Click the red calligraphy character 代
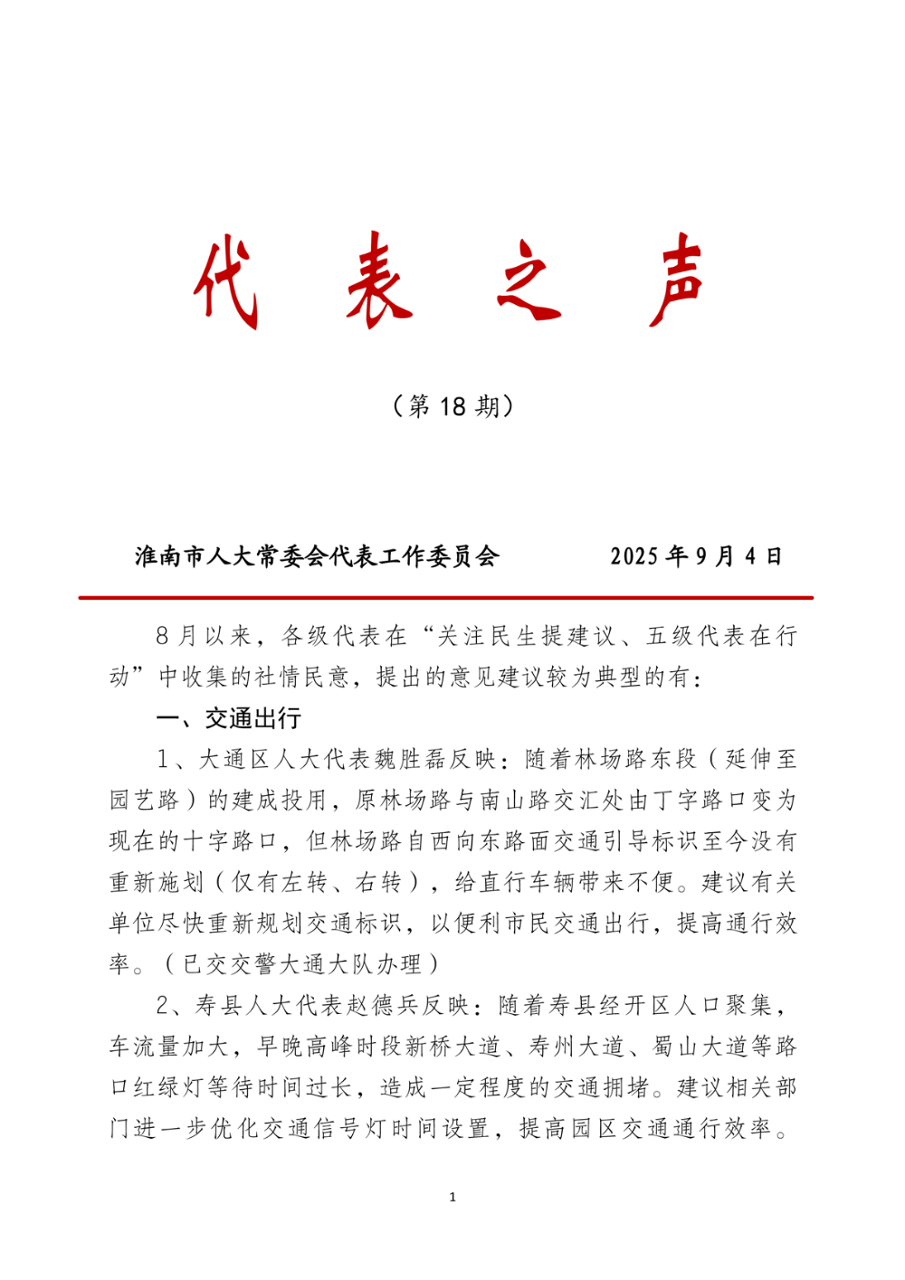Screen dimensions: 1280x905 pyautogui.click(x=226, y=282)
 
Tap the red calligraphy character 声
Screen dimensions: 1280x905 pyautogui.click(x=677, y=282)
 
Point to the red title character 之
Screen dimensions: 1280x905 pyautogui.click(x=529, y=282)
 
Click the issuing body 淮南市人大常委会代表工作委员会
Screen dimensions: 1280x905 pyautogui.click(x=317, y=556)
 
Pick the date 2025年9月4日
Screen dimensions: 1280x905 pyautogui.click(x=696, y=556)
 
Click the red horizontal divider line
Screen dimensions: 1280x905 pyautogui.click(x=445, y=598)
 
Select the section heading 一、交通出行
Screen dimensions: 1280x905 pyautogui.click(x=229, y=718)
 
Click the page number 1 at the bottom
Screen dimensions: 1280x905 pyautogui.click(x=452, y=1198)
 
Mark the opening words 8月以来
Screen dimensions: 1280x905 pyautogui.click(x=203, y=636)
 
